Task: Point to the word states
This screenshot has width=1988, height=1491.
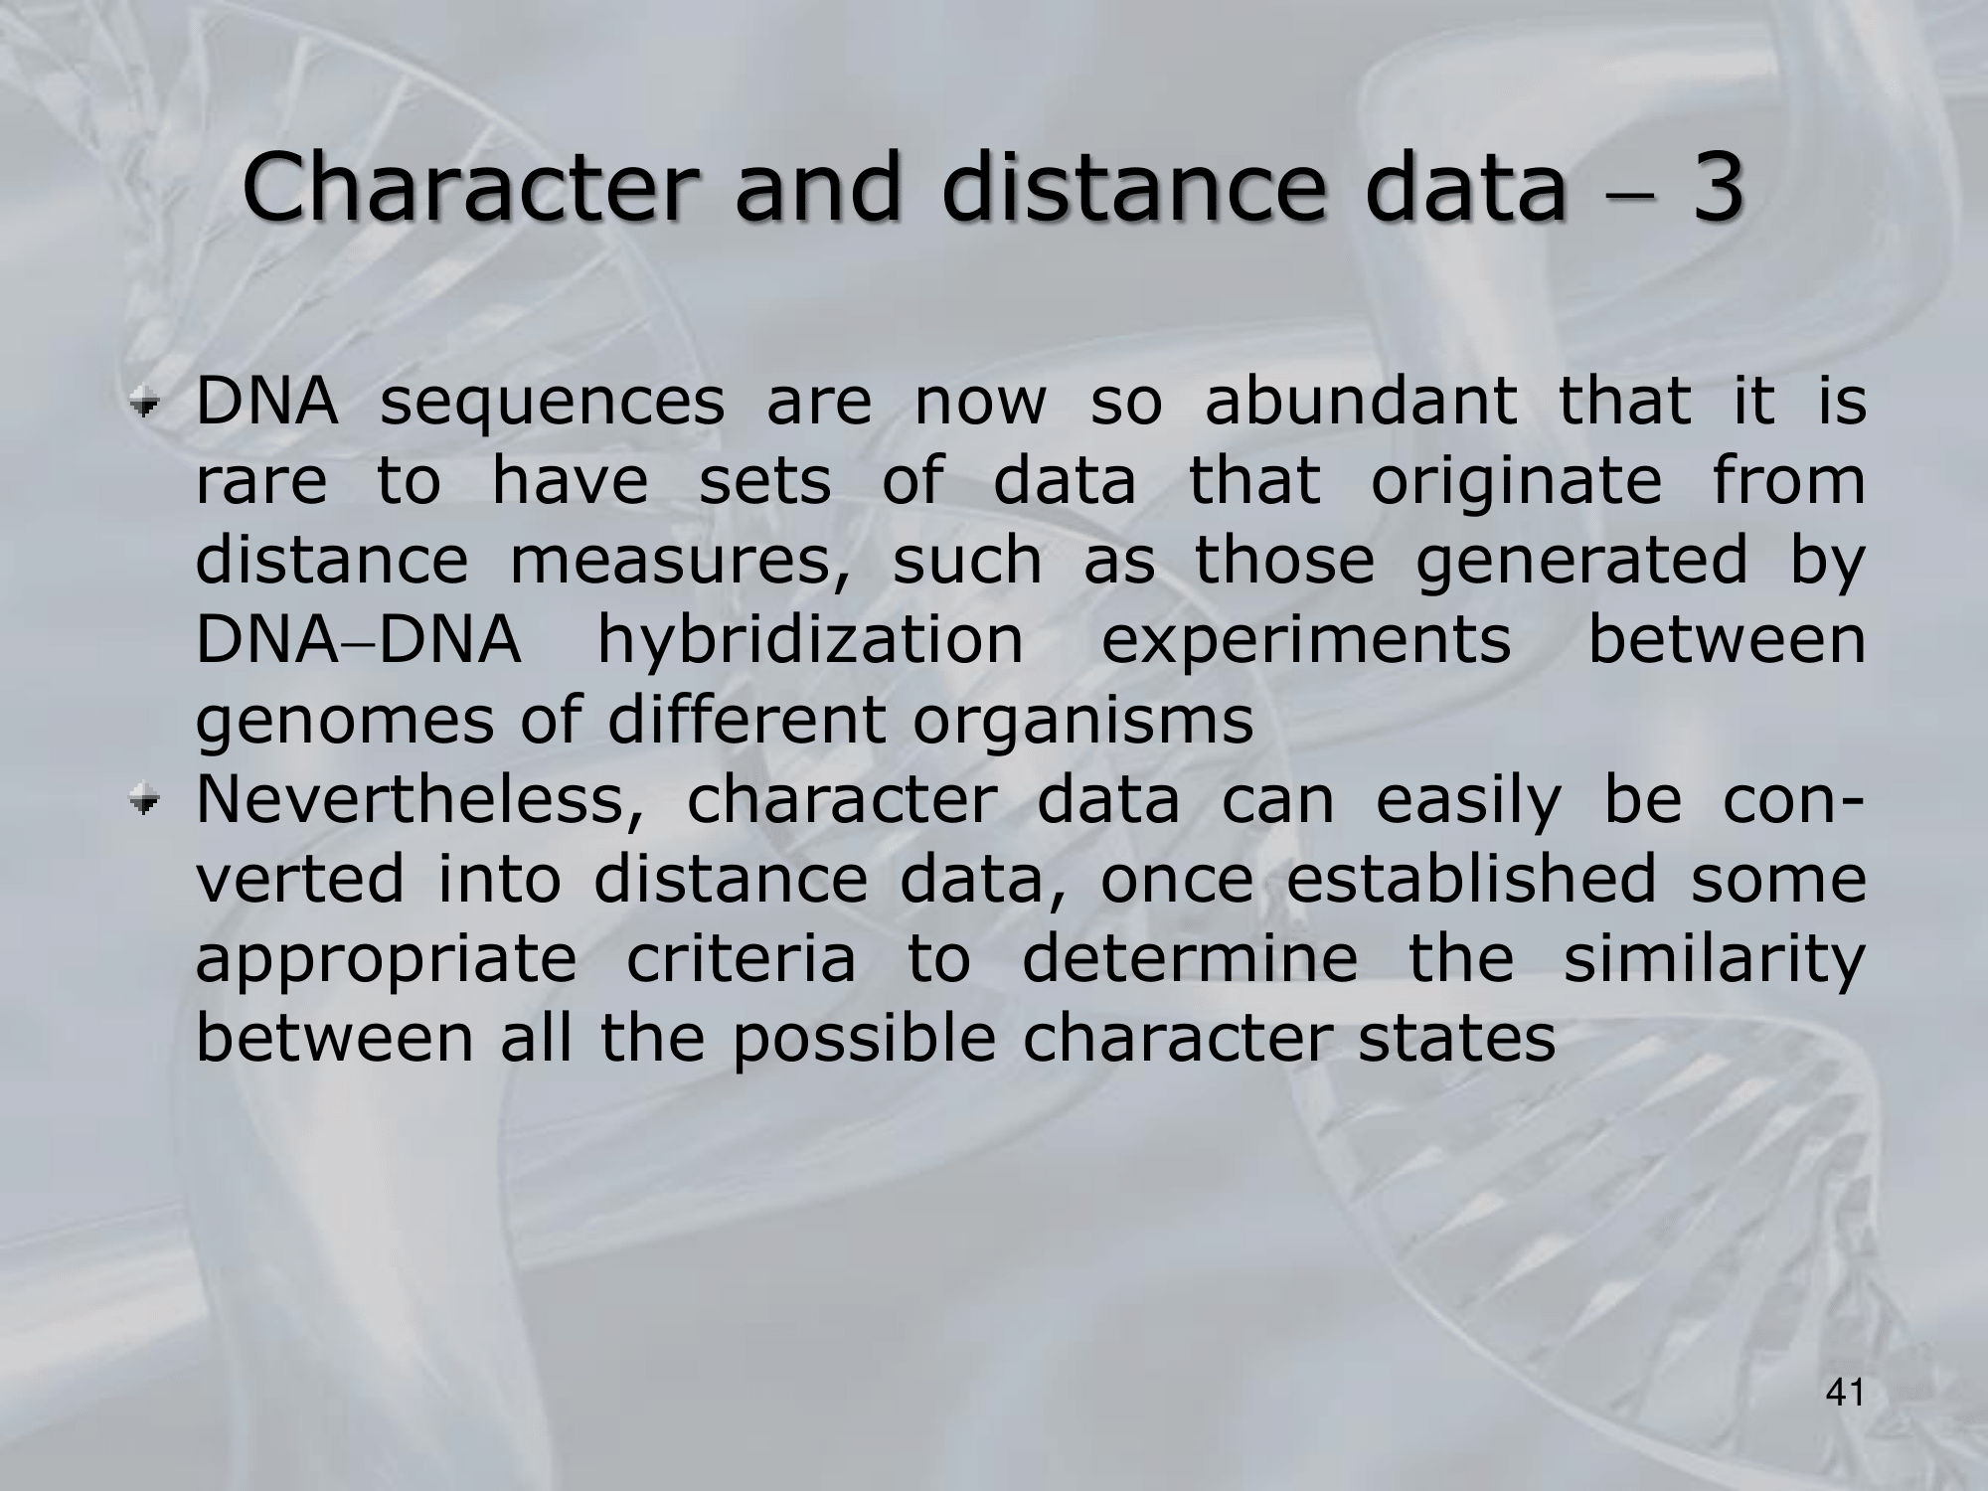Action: (1456, 1040)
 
